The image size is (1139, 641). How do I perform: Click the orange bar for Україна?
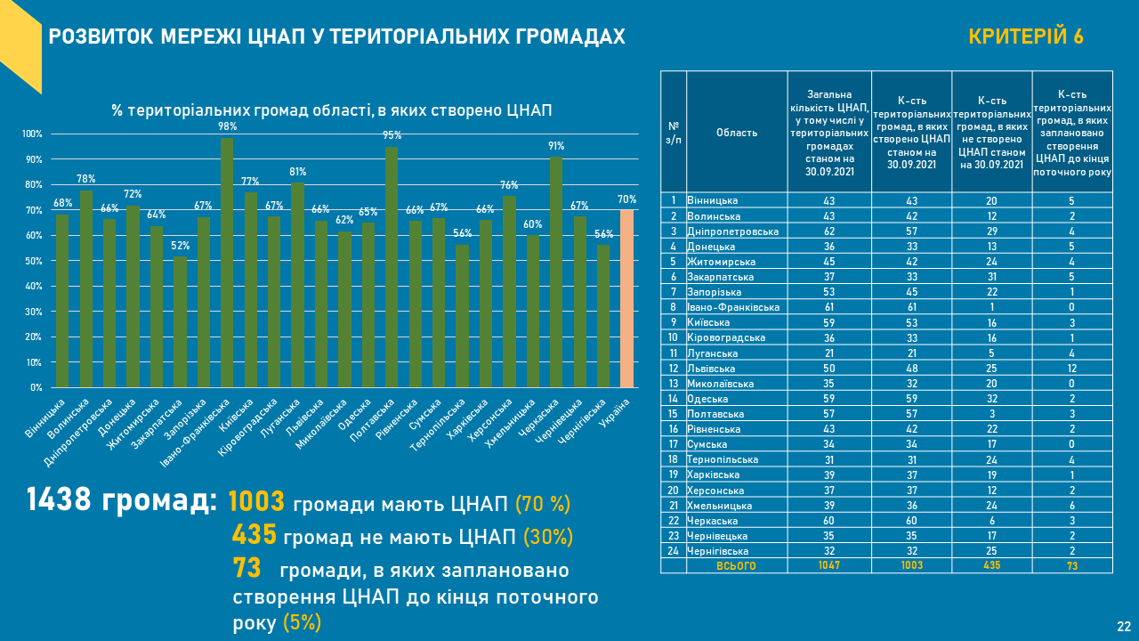tap(626, 298)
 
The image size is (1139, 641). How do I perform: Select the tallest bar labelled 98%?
tap(227, 263)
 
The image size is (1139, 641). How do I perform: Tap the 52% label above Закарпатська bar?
tap(181, 247)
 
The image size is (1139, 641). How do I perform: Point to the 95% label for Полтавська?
tap(392, 136)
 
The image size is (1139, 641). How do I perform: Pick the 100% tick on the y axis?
tap(32, 134)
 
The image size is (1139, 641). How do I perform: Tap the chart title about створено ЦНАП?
tap(332, 110)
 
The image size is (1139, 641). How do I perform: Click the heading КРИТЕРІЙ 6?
tap(1025, 37)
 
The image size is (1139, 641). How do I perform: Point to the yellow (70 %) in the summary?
tap(543, 504)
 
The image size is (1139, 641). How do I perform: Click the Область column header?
tap(737, 133)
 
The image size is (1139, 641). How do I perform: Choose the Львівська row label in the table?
tap(712, 368)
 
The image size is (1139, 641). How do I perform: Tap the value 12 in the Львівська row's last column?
tap(1071, 368)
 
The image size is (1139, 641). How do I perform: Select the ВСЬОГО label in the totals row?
tap(736, 565)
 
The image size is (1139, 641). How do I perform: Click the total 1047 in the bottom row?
tap(829, 565)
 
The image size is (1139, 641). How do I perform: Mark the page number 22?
tap(1124, 626)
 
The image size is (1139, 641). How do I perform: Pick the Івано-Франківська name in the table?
tap(733, 307)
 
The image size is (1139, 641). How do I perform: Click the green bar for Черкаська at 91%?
tap(556, 272)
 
